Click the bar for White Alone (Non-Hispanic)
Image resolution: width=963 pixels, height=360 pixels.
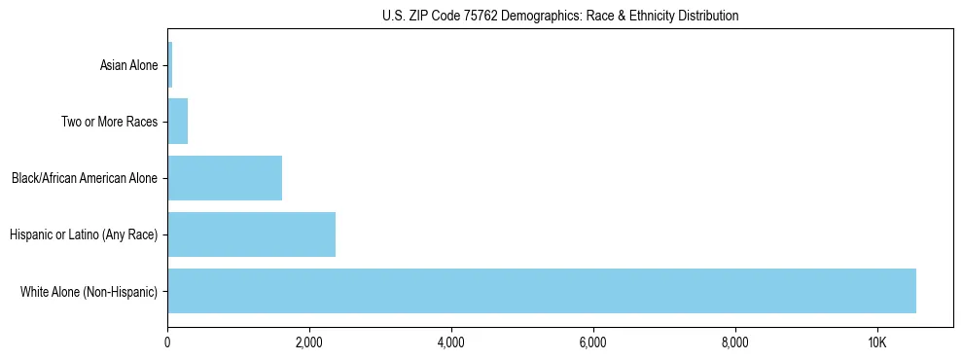click(x=541, y=291)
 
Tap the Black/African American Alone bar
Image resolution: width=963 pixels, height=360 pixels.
click(x=225, y=178)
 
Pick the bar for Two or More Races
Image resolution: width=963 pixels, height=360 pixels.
click(x=178, y=122)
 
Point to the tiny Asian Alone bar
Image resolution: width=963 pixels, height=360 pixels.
click(x=170, y=65)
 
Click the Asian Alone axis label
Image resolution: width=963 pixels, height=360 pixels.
click(x=128, y=66)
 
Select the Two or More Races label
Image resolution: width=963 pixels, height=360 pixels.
click(x=109, y=123)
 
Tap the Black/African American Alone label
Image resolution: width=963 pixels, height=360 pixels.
click(x=84, y=179)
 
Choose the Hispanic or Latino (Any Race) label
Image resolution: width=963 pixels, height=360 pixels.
click(x=83, y=235)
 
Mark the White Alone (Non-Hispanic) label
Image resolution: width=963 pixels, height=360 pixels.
click(x=89, y=292)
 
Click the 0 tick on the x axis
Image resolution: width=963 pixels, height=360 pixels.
click(x=167, y=343)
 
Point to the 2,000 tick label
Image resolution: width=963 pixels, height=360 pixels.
click(x=309, y=343)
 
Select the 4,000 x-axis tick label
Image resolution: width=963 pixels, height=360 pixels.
click(x=451, y=343)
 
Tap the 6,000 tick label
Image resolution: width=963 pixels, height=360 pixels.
click(x=593, y=343)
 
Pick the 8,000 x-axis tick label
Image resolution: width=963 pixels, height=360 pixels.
click(x=735, y=343)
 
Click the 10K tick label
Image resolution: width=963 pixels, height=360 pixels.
click(x=877, y=343)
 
